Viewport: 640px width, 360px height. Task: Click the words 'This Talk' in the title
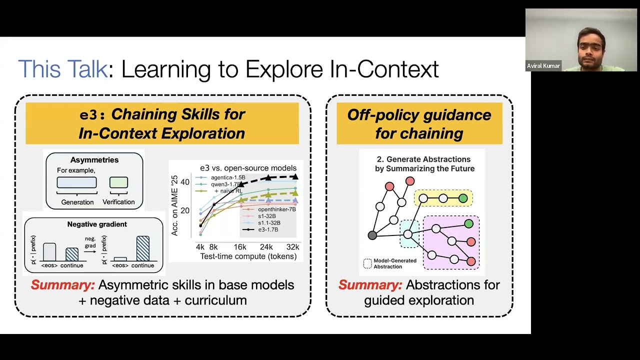click(x=62, y=69)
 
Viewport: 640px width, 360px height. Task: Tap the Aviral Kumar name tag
click(x=543, y=66)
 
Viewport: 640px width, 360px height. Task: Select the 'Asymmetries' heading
click(x=94, y=160)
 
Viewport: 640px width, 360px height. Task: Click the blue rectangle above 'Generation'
click(x=76, y=182)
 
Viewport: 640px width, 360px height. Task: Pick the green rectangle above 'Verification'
click(x=118, y=182)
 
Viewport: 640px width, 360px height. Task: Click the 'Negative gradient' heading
click(x=97, y=224)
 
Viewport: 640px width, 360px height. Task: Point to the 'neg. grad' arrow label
click(x=90, y=242)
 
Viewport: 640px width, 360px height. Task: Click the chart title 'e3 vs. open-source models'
click(x=248, y=168)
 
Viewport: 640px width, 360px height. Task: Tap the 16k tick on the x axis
click(x=240, y=247)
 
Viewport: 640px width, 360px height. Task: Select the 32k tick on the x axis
click(x=292, y=247)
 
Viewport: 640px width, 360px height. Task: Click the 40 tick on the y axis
click(x=185, y=182)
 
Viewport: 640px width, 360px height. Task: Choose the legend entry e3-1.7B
click(x=268, y=229)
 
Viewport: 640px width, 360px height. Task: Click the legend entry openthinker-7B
click(x=276, y=209)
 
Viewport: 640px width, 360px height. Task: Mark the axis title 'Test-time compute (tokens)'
click(x=248, y=256)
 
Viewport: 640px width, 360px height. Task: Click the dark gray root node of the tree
click(x=372, y=235)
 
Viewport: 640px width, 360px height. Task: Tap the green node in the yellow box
click(x=463, y=198)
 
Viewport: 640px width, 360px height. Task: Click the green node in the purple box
click(x=468, y=223)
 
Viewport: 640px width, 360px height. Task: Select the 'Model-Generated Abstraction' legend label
click(x=394, y=263)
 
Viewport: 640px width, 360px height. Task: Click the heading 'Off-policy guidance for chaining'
click(x=419, y=123)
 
